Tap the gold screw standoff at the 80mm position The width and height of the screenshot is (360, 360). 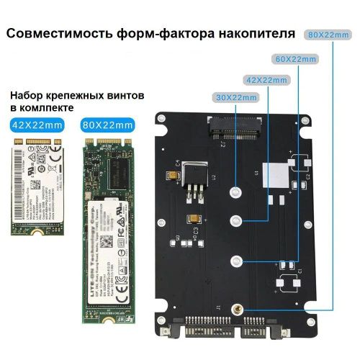[x=238, y=310]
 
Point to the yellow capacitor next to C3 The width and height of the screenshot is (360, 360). [x=192, y=220]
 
